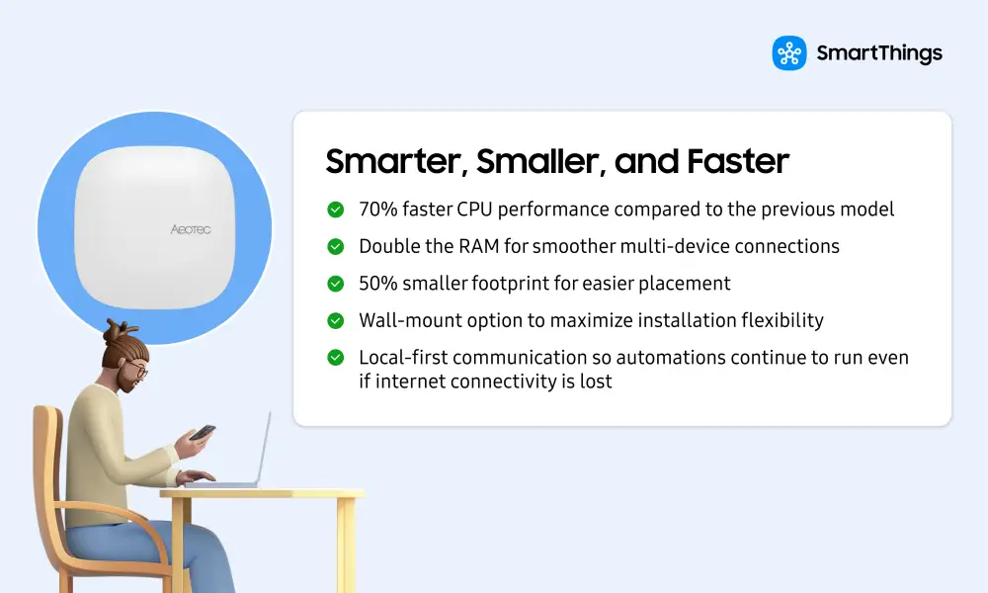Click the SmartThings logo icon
click(x=789, y=53)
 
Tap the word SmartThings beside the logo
click(x=879, y=53)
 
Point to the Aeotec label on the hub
click(x=190, y=228)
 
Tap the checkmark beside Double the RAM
click(x=336, y=247)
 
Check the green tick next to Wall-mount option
click(x=336, y=321)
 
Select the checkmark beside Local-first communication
click(x=336, y=358)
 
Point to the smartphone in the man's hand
click(x=203, y=433)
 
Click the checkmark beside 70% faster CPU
click(x=336, y=210)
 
